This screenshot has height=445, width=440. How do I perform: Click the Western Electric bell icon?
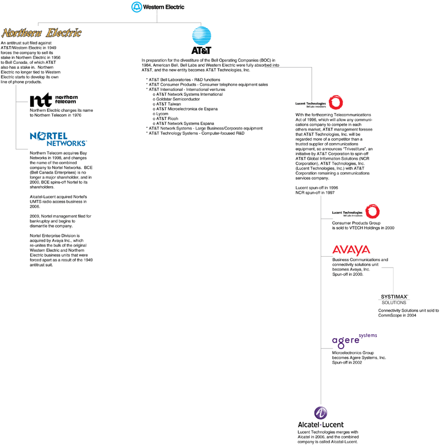point(136,7)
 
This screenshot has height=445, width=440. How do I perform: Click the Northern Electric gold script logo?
point(42,33)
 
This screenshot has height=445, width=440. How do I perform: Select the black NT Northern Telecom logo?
point(54,99)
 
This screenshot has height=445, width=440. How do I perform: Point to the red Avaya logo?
point(351,250)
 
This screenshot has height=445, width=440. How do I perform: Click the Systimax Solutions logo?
point(394,299)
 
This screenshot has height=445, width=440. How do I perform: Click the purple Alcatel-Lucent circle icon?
point(321,414)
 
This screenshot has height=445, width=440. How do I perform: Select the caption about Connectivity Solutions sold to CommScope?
point(408,313)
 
